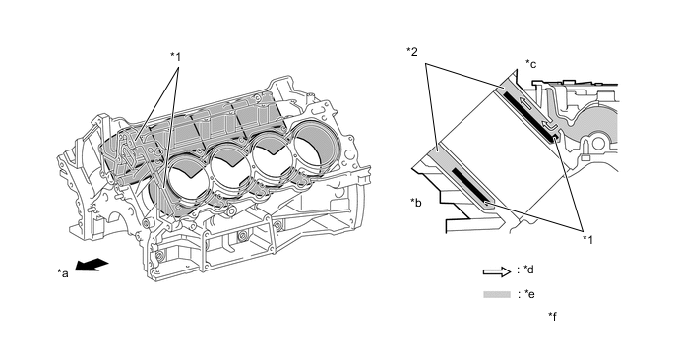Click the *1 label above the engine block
click(175, 56)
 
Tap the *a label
click(63, 272)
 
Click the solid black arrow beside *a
click(92, 265)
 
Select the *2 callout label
click(412, 52)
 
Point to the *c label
click(531, 64)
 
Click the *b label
click(416, 202)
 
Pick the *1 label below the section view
click(588, 239)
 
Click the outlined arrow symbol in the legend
click(497, 271)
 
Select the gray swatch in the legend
click(497, 295)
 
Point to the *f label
click(552, 316)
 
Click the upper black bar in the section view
click(529, 117)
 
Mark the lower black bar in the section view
click(470, 186)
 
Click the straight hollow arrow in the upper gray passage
click(526, 105)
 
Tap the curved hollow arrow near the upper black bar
click(548, 125)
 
